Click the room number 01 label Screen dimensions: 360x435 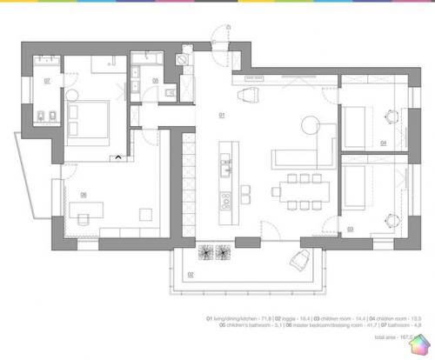coord(222,115)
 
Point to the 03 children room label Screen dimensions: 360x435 coord(351,228)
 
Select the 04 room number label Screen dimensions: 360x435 coord(384,142)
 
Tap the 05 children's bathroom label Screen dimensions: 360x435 coord(155,80)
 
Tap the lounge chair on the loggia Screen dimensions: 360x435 coord(302,258)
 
